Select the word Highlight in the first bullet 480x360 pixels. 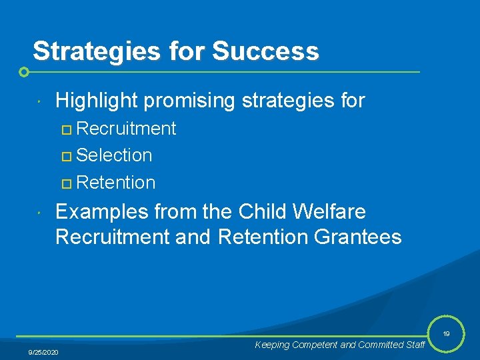tap(96, 101)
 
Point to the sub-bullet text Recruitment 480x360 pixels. tap(126, 129)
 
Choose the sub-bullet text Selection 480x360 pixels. tap(114, 155)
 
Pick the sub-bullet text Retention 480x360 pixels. tap(116, 182)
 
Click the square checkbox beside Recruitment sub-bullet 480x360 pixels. tap(65, 129)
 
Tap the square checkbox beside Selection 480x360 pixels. tap(65, 156)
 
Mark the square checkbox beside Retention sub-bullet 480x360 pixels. tap(65, 183)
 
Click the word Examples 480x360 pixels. tap(101, 212)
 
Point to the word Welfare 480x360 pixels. tap(333, 212)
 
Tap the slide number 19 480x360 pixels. tap(446, 333)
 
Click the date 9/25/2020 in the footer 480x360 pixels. tap(43, 351)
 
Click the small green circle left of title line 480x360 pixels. tap(24, 71)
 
